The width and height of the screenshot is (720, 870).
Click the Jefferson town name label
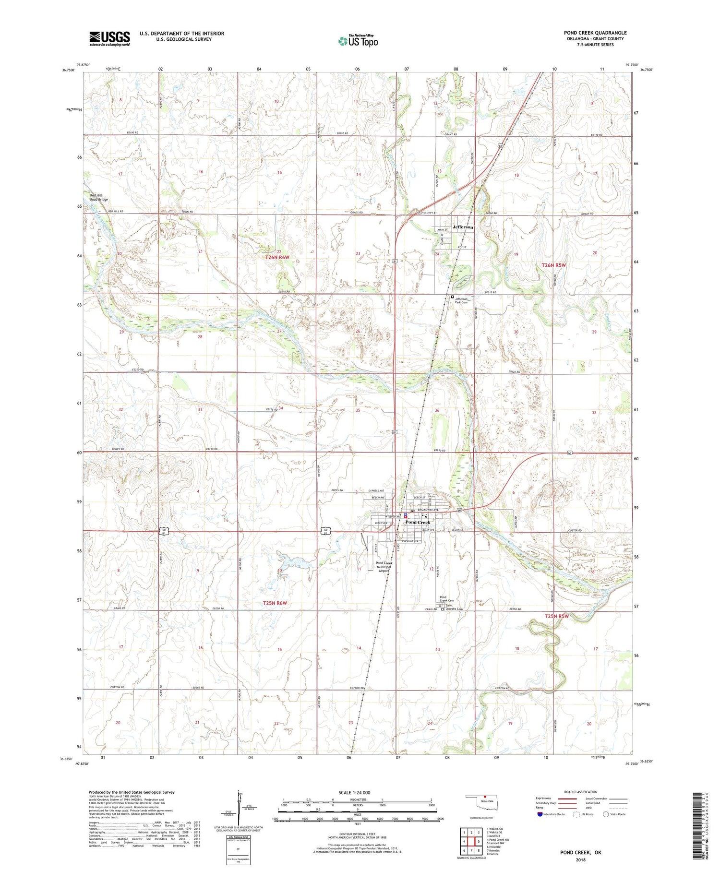coord(463,227)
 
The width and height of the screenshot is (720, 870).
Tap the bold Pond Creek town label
coord(418,522)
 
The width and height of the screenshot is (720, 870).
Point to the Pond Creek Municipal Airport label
coord(384,567)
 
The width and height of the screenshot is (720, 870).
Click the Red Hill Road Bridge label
coord(99,197)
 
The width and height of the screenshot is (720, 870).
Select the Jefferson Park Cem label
coord(461,300)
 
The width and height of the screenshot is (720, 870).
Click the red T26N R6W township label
coord(277,258)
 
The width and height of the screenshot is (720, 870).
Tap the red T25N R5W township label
coord(556,616)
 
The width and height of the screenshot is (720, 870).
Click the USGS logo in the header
coord(109,38)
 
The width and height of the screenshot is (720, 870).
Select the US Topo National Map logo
coord(358,41)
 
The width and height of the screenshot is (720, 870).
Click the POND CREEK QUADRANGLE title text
coord(595,33)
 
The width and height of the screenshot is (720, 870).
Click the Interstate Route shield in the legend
coord(540,814)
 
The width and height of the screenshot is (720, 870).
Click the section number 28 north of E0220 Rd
coord(200,337)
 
